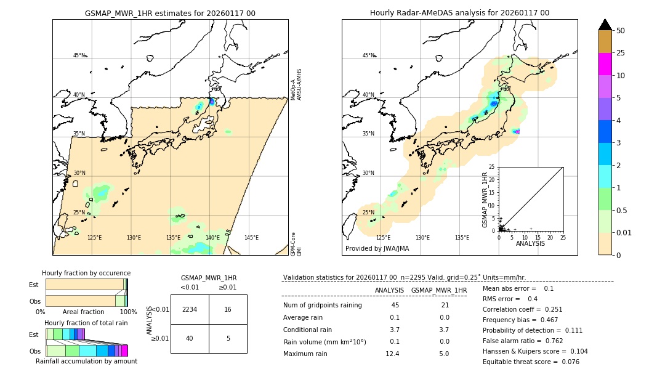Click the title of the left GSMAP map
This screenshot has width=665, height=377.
(x=170, y=13)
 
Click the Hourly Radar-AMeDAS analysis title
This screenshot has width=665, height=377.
(x=459, y=13)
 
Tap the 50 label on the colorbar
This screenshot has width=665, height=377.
(x=621, y=31)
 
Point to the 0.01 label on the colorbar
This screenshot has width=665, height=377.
(x=624, y=232)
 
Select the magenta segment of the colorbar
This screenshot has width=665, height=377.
(x=605, y=64)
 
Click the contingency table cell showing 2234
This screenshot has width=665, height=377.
(x=190, y=309)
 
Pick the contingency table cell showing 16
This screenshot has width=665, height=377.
(x=228, y=309)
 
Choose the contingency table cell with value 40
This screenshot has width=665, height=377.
(x=190, y=338)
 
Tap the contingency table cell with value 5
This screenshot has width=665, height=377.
(x=228, y=338)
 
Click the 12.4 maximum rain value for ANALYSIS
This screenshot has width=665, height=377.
(x=392, y=354)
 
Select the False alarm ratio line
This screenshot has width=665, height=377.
(x=522, y=339)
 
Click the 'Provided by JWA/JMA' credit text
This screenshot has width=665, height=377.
(x=377, y=249)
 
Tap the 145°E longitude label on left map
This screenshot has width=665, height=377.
(x=251, y=238)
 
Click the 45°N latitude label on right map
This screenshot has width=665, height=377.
(x=368, y=55)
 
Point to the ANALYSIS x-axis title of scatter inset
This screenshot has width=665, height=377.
(x=530, y=243)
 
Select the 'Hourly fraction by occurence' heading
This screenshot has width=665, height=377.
(x=86, y=273)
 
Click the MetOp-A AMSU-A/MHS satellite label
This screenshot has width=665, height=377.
(x=296, y=84)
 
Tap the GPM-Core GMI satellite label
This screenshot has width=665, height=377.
(x=296, y=243)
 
